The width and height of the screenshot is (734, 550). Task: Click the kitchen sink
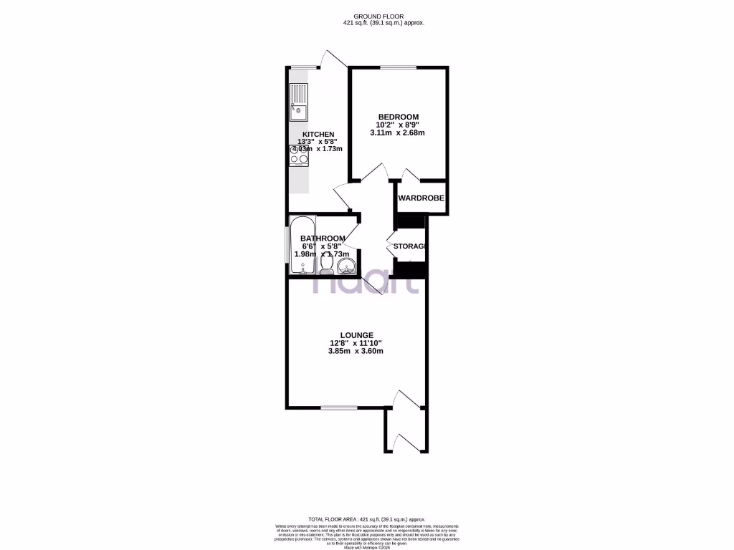click(x=299, y=102)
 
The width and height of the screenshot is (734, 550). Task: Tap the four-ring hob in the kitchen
click(x=299, y=156)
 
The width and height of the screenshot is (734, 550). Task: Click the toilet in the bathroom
click(x=326, y=266)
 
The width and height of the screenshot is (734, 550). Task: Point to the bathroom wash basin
click(x=346, y=267)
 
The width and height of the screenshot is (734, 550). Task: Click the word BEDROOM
click(x=399, y=117)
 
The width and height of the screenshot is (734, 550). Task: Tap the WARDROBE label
click(x=421, y=198)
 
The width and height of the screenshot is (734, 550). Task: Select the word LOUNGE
click(x=357, y=334)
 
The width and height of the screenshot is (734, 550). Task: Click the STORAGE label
click(x=409, y=246)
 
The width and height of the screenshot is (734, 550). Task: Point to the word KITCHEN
click(x=318, y=135)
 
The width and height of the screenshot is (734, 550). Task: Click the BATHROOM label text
click(x=323, y=238)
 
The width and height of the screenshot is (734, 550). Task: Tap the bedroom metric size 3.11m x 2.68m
click(x=398, y=132)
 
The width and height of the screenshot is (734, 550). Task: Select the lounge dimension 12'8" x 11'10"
click(x=356, y=343)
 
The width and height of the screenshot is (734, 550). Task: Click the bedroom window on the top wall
click(x=398, y=68)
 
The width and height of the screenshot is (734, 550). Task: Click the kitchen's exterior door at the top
click(x=330, y=61)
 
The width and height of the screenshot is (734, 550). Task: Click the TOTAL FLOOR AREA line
click(x=366, y=519)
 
